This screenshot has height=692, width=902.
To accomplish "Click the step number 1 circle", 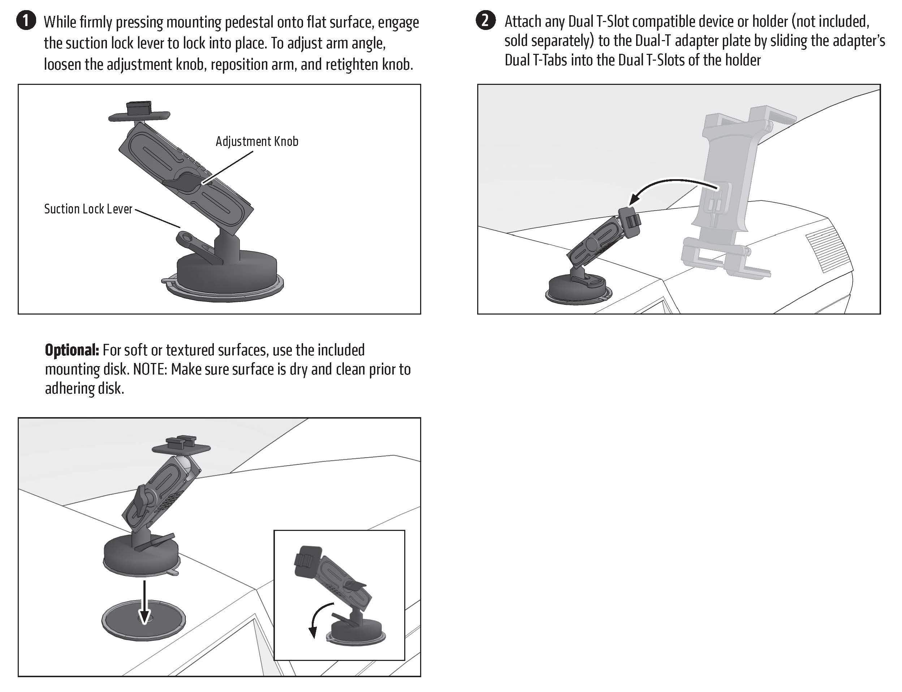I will tap(26, 21).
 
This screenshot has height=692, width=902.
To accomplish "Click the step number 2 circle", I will tap(485, 20).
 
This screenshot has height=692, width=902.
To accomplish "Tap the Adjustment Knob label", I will tap(256, 141).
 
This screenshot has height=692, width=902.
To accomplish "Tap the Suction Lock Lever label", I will tap(88, 209).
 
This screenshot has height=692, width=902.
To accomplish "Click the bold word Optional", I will tap(72, 350).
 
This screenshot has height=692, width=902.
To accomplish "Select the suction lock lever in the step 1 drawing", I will tap(194, 245).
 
